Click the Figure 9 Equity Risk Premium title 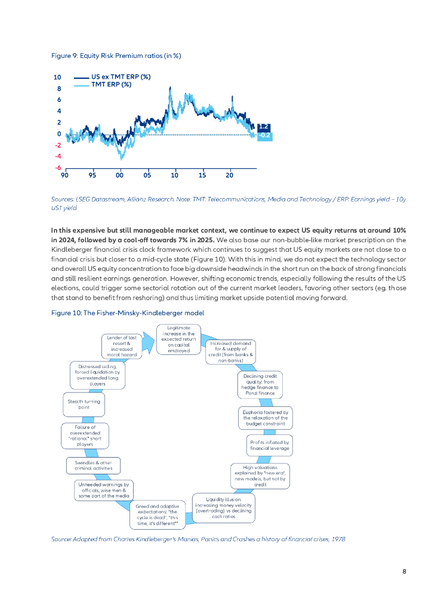pyautogui.click(x=116, y=55)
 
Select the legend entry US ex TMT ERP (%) pyautogui.click(x=120, y=77)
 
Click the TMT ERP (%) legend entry pyautogui.click(x=111, y=85)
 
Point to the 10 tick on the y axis pyautogui.click(x=57, y=78)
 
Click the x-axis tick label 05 pyautogui.click(x=147, y=175)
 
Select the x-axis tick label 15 pyautogui.click(x=202, y=175)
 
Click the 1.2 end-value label pyautogui.click(x=264, y=126)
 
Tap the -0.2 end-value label pyautogui.click(x=264, y=135)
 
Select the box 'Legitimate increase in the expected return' pyautogui.click(x=178, y=339)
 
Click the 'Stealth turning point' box pyautogui.click(x=84, y=404)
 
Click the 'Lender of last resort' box pyautogui.click(x=122, y=346)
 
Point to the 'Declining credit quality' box pyautogui.click(x=257, y=385)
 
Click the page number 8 pyautogui.click(x=404, y=571)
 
